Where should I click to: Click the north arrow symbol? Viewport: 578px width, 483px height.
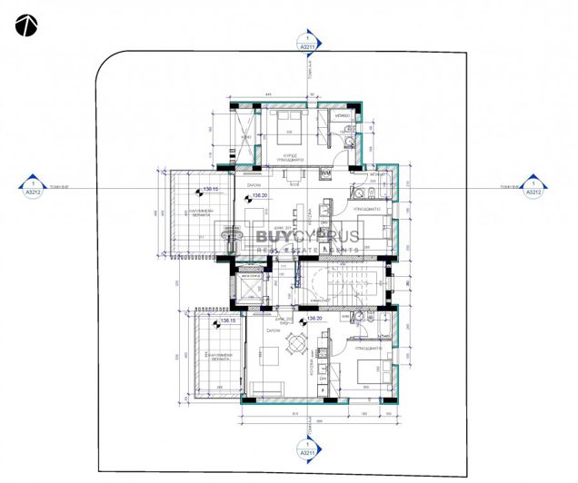tap(25, 25)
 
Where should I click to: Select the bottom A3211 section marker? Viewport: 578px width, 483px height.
tap(307, 450)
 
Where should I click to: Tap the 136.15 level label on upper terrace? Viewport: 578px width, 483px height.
tap(212, 189)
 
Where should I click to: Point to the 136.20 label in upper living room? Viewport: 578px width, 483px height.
tap(259, 195)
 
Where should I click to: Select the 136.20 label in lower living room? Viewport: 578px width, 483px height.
tap(315, 320)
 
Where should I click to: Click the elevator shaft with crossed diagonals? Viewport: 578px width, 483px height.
tap(248, 282)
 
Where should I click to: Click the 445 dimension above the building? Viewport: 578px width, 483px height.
tap(269, 94)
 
